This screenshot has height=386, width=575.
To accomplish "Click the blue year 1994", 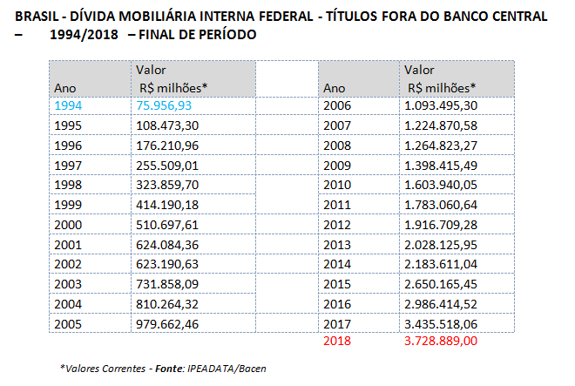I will pos(69,105).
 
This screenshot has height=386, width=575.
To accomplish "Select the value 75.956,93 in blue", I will pos(165,105).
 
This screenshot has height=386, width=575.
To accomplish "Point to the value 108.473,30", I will pos(168,125).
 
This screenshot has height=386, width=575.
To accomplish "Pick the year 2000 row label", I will pos(69,225).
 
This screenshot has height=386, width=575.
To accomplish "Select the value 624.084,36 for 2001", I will pos(168,245).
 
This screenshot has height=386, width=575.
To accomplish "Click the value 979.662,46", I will pos(168,324).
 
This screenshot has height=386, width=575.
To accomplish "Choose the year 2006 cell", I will pos(337,105).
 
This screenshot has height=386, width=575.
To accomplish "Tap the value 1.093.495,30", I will pos(441,105).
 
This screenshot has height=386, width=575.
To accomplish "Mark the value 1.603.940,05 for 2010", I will pos(441,185).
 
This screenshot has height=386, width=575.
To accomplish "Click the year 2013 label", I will pos(337,245).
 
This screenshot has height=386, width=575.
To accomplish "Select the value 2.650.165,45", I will pos(441,284).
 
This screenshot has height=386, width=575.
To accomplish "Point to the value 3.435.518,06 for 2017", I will pos(441,324).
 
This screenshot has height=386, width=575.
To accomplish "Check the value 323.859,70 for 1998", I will pos(168,185).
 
